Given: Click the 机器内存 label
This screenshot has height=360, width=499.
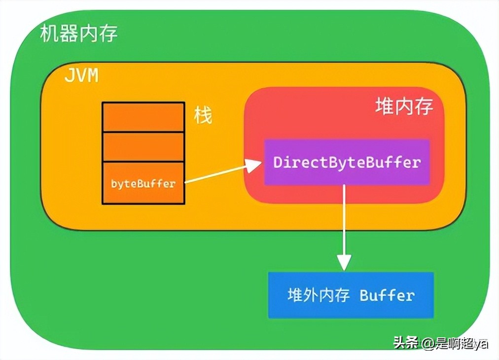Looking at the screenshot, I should tap(78, 34).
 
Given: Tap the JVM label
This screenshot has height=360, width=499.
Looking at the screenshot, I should tap(81, 76).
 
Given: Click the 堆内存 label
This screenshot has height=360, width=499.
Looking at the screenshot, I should tap(404, 106).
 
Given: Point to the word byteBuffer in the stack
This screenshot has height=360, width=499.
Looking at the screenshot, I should tap(143, 184).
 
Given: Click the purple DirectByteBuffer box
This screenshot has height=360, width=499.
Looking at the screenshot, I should tap(347, 162).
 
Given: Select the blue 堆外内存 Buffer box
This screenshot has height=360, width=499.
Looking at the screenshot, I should tap(351, 295).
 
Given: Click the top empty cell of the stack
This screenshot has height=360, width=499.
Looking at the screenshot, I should tap(143, 117).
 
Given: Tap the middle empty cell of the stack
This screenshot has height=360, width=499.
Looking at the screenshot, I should tap(143, 146).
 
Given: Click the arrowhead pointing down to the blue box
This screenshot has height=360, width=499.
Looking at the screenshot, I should tap(344, 261).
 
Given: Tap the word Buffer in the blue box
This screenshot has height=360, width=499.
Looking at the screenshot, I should tap(387, 295).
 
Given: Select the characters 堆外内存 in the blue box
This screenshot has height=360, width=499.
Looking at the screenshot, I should tap(319, 295).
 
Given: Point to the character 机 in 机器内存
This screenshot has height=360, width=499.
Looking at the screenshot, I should tap(49, 34).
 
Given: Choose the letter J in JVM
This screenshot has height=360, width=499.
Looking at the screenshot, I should tap(69, 76).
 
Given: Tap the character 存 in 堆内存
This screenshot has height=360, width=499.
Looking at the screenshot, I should tap(424, 106).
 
